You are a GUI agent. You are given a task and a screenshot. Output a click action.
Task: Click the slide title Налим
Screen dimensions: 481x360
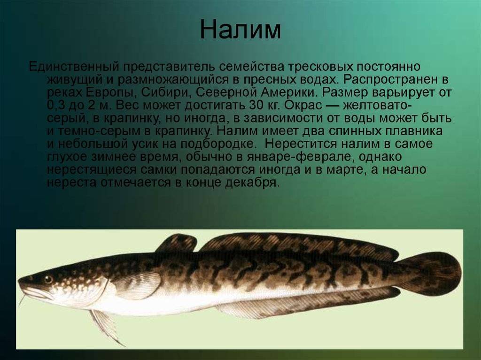tap(240, 30)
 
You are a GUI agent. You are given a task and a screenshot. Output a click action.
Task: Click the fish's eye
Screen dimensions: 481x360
tap(48, 279)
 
